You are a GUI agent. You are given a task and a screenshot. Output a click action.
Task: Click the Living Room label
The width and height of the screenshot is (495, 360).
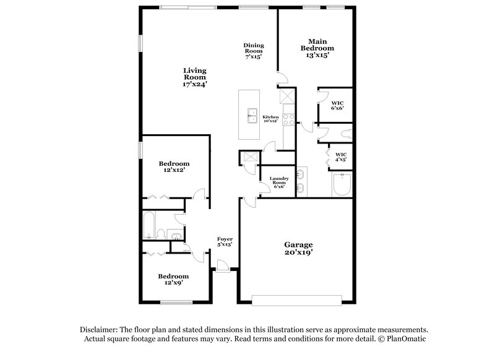click(x=194, y=77)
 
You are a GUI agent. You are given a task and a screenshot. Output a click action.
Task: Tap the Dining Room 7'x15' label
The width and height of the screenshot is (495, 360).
click(x=253, y=50)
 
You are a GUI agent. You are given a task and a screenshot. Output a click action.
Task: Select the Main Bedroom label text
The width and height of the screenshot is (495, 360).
click(x=317, y=48)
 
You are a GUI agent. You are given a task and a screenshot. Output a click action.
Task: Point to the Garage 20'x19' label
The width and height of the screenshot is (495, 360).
click(x=298, y=249)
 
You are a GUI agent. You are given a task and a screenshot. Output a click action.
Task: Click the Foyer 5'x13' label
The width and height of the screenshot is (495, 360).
click(x=224, y=242)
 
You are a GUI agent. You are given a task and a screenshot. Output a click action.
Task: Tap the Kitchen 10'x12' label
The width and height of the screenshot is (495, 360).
click(x=271, y=119)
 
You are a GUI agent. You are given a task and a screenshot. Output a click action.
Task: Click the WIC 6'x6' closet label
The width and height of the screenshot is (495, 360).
click(x=337, y=105)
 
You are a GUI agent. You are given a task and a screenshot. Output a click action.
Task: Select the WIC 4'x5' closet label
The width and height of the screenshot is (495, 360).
click(x=340, y=156)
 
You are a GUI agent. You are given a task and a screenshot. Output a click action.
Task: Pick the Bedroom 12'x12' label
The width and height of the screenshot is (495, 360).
click(x=173, y=166)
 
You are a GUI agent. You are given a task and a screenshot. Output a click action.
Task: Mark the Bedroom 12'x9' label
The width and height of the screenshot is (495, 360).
click(x=173, y=279)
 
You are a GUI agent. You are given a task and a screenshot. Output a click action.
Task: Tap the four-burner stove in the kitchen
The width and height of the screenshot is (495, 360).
click(x=288, y=118)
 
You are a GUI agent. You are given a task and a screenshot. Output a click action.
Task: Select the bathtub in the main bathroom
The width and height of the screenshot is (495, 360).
click(x=340, y=185)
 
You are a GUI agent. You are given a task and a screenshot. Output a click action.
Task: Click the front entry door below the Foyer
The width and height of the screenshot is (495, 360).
click(x=223, y=266)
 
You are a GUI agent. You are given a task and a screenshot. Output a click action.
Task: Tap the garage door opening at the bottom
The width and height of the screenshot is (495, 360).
click(x=297, y=301)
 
